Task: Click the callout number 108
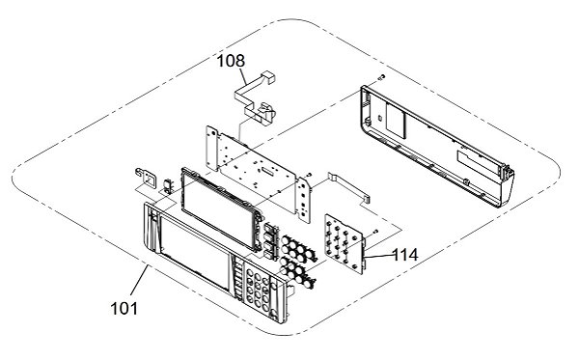[231, 61]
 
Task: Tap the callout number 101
[124, 308]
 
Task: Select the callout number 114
[404, 255]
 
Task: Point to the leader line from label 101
[140, 283]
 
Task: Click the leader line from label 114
[377, 256]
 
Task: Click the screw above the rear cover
[382, 76]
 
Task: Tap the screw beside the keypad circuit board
[375, 232]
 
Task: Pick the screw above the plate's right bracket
[309, 174]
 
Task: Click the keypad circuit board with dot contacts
[344, 243]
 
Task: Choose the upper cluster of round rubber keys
[298, 247]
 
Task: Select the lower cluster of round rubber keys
[297, 271]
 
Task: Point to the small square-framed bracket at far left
[147, 178]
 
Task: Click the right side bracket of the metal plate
[304, 200]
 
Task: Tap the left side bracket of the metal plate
[212, 148]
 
